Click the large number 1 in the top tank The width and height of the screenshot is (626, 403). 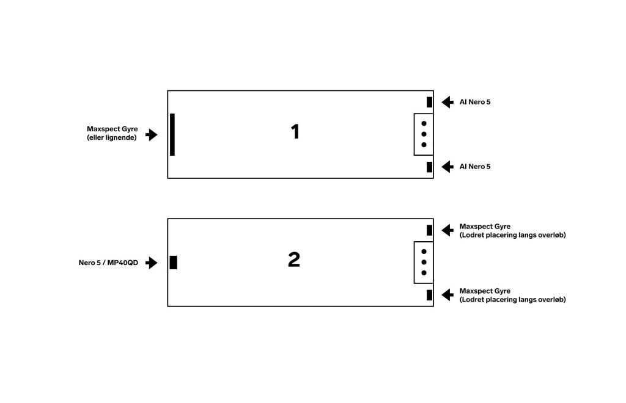295,132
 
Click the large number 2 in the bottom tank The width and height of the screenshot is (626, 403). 294,260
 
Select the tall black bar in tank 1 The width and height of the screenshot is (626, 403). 172,134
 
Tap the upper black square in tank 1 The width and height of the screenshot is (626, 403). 429,102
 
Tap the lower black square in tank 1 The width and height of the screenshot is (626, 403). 429,167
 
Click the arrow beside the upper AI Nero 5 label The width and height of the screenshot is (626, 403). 447,102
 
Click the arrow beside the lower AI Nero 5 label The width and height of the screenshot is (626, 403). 447,167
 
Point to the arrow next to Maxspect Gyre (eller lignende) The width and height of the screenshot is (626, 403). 152,134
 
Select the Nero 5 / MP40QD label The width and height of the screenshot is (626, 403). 109,263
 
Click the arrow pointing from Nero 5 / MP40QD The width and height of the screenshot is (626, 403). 152,263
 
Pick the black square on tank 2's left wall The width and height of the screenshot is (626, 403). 174,263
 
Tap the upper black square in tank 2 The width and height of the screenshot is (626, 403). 429,230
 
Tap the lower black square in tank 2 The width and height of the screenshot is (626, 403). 429,295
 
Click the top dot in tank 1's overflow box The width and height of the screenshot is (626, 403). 424,123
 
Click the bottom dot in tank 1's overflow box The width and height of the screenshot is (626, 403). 424,145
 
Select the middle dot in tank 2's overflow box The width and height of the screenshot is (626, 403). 424,262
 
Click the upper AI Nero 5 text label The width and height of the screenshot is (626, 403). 475,102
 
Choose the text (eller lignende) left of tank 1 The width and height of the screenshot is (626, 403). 112,138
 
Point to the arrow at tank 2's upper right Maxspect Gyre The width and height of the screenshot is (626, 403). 447,230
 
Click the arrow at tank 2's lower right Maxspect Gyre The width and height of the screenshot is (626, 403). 447,295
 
